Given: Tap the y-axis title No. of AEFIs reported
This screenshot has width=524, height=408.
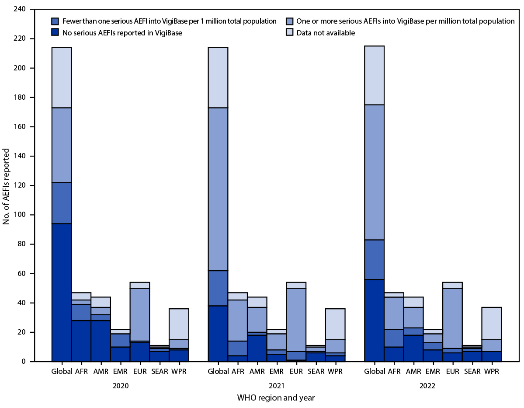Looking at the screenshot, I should tap(6, 185).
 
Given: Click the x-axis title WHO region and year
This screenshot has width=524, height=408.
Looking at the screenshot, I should tap(276, 398).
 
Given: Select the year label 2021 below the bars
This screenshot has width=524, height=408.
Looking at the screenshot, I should tap(276, 386).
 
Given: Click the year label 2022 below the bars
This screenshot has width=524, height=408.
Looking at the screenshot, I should tap(433, 386).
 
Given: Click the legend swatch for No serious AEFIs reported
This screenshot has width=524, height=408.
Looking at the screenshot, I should tap(55, 33).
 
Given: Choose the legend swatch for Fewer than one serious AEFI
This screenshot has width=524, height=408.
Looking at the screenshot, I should tap(55, 21).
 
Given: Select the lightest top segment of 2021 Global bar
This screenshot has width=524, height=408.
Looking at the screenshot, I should tap(218, 61).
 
